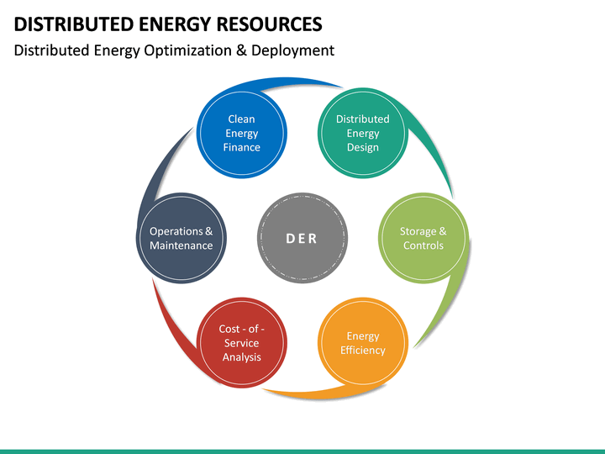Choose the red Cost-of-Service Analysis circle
tap(241, 343)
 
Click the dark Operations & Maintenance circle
tap(181, 238)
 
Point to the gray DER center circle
tap(302, 238)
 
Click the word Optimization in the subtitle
tap(183, 50)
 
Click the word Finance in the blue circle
tap(241, 148)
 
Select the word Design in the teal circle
tap(363, 148)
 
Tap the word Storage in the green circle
tap(418, 231)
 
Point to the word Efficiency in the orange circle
tap(363, 351)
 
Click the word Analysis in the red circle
tap(241, 357)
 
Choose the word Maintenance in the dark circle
tap(181, 245)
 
